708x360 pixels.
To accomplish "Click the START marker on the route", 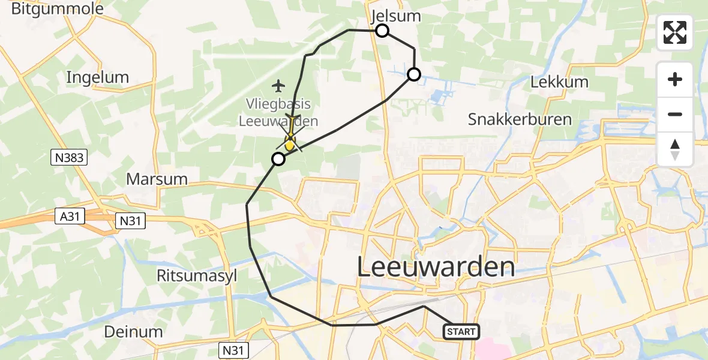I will [x=461, y=331].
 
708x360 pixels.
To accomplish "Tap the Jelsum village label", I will [x=396, y=16].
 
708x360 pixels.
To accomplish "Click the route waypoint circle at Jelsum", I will [x=382, y=31].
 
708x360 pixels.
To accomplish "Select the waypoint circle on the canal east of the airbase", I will [x=414, y=74].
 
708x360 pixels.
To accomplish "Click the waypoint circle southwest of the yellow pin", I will [x=278, y=159].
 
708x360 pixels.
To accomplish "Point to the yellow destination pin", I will [x=290, y=142].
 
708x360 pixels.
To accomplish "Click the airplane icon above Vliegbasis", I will [x=278, y=86].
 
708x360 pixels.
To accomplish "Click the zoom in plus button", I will [x=675, y=79].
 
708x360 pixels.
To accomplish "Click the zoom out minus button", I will [x=675, y=114].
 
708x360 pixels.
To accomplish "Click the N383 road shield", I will [x=69, y=158].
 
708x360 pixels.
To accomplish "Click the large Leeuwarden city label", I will [x=436, y=266].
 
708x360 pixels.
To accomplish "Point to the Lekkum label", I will [x=559, y=82].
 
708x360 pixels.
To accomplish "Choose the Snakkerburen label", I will [x=520, y=119].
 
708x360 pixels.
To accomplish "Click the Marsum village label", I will [x=157, y=179].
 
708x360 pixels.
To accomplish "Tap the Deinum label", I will [x=133, y=331].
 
